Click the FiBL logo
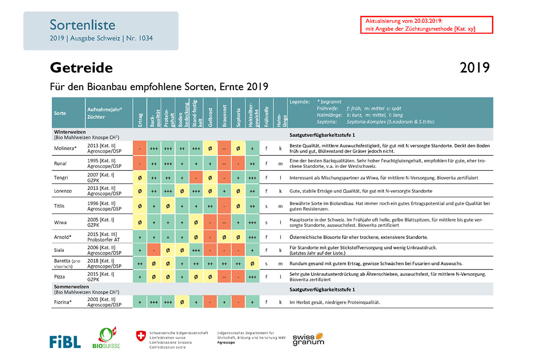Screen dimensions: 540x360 pos(65,342)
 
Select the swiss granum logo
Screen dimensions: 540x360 pos(308,339)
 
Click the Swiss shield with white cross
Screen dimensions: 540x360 pos(141,336)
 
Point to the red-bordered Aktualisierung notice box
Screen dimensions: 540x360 pos(427,25)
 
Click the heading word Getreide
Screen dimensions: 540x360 pos(81,68)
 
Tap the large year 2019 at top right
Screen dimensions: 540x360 pos(475,68)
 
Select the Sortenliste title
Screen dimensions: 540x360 pos(82,25)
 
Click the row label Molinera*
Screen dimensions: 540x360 pos(65,148)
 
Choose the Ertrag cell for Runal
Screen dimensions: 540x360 pos(140,164)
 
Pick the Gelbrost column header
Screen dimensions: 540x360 pos(210,117)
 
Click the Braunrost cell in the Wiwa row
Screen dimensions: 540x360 pos(224,222)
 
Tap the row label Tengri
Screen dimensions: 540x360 pos(61,178)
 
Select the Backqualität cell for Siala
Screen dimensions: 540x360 pos(154,250)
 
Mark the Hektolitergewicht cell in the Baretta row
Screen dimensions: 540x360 pos(252,264)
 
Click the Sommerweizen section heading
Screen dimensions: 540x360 pos(72,287)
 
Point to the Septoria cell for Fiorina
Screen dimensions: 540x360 pos(238,302)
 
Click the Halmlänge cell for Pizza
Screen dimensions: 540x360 pos(280,277)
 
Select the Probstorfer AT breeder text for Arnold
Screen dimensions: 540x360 pos(103,240)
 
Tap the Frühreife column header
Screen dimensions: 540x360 pos(266,117)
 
